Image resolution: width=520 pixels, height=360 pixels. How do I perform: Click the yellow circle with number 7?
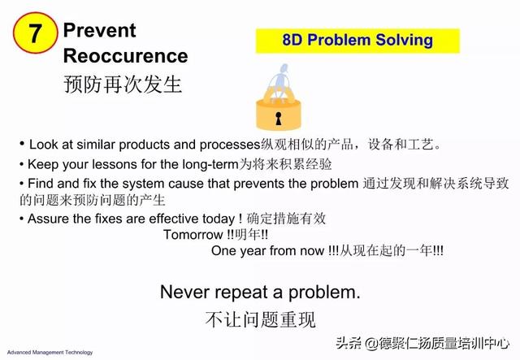point(35,33)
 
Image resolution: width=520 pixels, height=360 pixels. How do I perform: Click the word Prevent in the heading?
point(99,30)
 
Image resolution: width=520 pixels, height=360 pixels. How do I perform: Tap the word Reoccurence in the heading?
point(125,55)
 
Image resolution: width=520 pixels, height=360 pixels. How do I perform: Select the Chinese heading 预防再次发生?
point(123,84)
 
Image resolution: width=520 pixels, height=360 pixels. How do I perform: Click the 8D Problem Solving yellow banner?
point(357,41)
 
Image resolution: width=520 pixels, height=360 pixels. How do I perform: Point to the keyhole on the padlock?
point(279,119)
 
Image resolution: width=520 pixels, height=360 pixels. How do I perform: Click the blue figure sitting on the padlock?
point(280,81)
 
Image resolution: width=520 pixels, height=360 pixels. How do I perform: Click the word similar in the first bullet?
point(96,145)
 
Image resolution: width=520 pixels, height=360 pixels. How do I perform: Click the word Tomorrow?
point(193,235)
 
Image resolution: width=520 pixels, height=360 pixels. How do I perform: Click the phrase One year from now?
point(267,250)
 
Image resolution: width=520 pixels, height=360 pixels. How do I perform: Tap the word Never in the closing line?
point(184,293)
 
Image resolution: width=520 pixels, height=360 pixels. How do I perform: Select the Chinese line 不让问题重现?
point(260,320)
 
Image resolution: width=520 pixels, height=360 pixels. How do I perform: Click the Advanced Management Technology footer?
point(50,353)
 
